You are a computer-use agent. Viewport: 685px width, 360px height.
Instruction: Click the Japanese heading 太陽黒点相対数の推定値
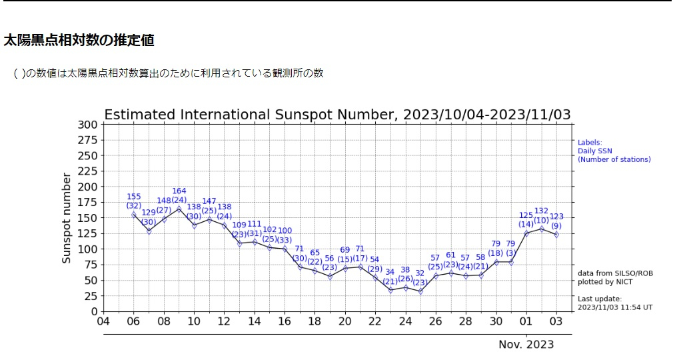pyautogui.click(x=79, y=41)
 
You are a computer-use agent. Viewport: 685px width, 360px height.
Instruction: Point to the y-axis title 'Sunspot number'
pyautogui.click(x=67, y=217)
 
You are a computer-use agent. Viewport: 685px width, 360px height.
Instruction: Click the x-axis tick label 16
pyautogui.click(x=285, y=321)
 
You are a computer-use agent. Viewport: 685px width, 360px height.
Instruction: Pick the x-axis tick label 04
pyautogui.click(x=103, y=321)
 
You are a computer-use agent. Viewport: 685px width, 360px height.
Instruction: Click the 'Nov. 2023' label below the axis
pyautogui.click(x=526, y=345)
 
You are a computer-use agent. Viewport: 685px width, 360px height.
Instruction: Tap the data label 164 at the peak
pyautogui.click(x=179, y=191)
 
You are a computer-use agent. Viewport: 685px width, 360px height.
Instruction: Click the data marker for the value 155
pyautogui.click(x=133, y=215)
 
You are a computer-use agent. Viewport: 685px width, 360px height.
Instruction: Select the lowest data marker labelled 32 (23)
pyautogui.click(x=420, y=291)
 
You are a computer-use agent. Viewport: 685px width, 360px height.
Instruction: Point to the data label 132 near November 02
pyautogui.click(x=541, y=211)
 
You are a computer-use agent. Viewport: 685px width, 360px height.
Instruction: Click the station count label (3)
pyautogui.click(x=511, y=253)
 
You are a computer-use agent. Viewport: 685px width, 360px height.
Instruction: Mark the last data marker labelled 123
pyautogui.click(x=556, y=235)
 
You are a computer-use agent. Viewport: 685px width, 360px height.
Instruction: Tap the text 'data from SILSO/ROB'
pyautogui.click(x=610, y=273)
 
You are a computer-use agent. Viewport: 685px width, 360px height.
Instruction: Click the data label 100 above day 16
pyautogui.click(x=285, y=231)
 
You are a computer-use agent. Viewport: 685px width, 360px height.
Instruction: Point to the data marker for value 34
pyautogui.click(x=390, y=290)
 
